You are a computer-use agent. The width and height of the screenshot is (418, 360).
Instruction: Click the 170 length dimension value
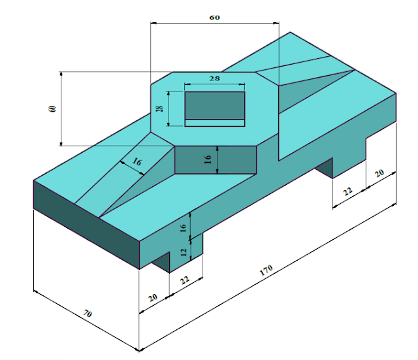click(266, 269)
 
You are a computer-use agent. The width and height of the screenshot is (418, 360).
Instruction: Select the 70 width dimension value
click(88, 315)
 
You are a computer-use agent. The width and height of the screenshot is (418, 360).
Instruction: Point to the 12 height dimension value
click(184, 252)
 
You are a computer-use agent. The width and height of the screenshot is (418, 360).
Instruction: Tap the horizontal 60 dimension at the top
click(214, 18)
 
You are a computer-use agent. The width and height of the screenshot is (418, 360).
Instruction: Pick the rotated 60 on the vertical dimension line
click(52, 108)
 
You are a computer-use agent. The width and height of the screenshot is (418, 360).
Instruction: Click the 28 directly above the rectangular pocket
click(214, 78)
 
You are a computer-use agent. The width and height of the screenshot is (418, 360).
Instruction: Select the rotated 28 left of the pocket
click(159, 108)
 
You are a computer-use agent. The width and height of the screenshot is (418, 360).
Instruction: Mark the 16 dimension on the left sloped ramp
click(137, 161)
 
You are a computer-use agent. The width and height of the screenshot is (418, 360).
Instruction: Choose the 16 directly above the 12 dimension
click(184, 227)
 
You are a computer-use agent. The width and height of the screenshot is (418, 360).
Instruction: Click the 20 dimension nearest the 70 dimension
click(152, 297)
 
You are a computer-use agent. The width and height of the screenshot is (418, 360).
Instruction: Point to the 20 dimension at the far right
click(379, 173)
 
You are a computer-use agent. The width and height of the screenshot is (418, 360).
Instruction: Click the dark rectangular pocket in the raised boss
click(214, 105)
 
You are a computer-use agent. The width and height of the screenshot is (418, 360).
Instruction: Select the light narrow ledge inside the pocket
click(214, 122)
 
